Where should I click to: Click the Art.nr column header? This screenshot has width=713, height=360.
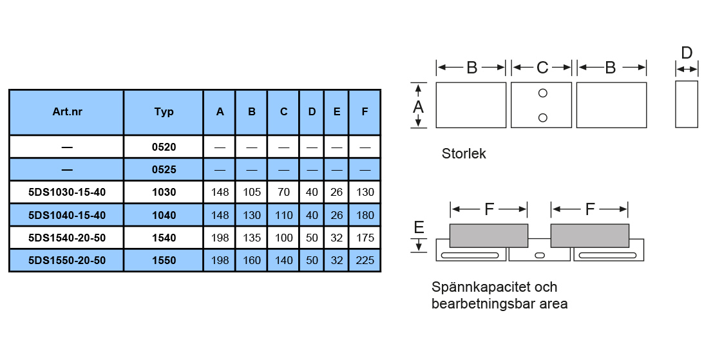pyautogui.click(x=67, y=111)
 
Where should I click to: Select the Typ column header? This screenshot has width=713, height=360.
pyautogui.click(x=164, y=112)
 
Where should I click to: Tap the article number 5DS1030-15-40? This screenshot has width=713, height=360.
pyautogui.click(x=67, y=193)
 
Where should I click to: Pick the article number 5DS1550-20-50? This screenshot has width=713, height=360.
pyautogui.click(x=67, y=260)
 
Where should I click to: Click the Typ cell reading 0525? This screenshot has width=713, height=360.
pyautogui.click(x=164, y=169)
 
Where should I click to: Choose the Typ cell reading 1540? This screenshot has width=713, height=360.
pyautogui.click(x=164, y=238)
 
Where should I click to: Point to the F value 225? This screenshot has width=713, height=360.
pyautogui.click(x=365, y=260)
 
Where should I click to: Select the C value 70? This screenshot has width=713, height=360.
pyautogui.click(x=283, y=193)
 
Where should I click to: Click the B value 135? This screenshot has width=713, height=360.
pyautogui.click(x=251, y=238)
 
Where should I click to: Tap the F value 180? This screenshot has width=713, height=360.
pyautogui.click(x=365, y=215)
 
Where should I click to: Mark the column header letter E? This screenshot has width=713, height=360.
pyautogui.click(x=336, y=112)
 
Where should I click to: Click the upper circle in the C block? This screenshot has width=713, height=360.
pyautogui.click(x=542, y=93)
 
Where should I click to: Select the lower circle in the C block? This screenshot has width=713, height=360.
pyautogui.click(x=542, y=118)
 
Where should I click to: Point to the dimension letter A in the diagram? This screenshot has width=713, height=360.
pyautogui.click(x=419, y=106)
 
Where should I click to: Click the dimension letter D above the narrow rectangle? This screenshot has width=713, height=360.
pyautogui.click(x=687, y=53)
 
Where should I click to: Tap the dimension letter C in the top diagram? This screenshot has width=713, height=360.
pyautogui.click(x=542, y=68)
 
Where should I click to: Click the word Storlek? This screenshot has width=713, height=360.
pyautogui.click(x=464, y=154)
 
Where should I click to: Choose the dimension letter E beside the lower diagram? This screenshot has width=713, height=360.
pyautogui.click(x=419, y=227)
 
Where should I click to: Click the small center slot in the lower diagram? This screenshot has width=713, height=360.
pyautogui.click(x=539, y=256)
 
